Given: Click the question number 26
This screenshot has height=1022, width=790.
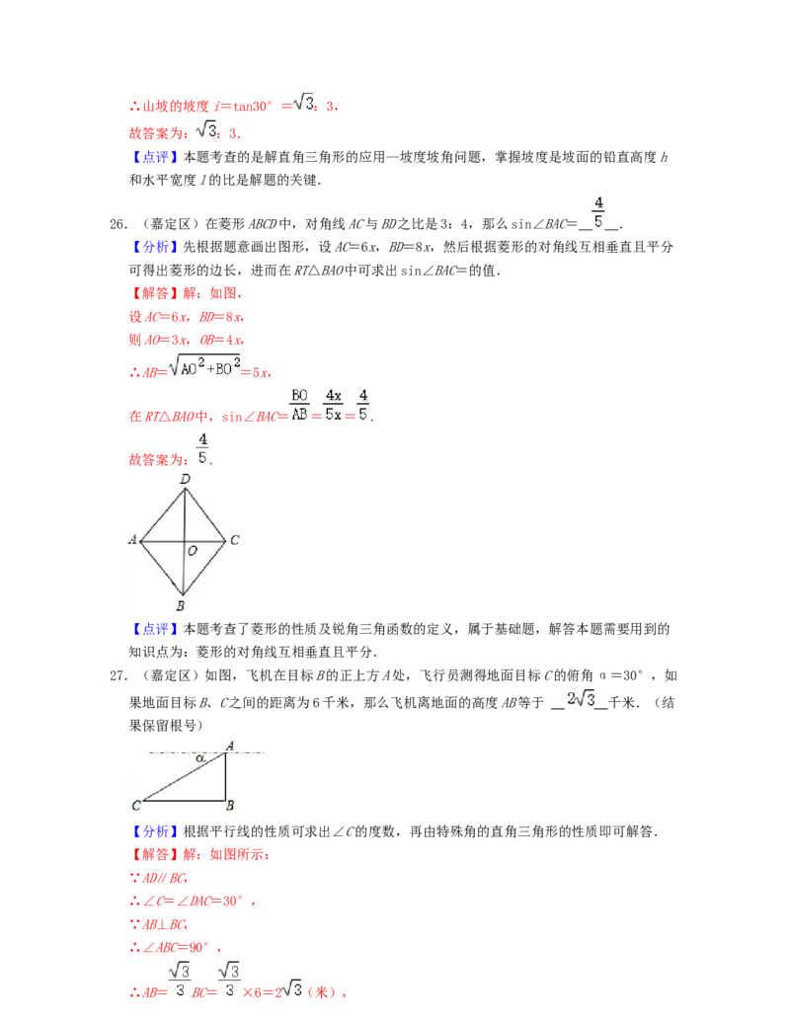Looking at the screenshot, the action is tap(118, 224).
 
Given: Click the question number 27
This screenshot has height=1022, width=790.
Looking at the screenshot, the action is tap(118, 675).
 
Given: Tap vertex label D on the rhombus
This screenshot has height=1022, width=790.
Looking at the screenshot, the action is tap(185, 479).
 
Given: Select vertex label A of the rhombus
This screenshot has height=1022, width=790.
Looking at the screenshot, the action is tap(133, 540).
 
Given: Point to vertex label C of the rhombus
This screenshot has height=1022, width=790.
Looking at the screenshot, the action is tap(235, 540).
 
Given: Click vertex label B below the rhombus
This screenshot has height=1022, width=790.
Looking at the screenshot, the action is tap(181, 605).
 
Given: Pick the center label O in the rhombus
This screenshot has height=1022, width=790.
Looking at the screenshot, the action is tap(193, 551).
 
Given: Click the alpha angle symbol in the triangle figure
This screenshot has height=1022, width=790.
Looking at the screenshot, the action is tap(200, 758).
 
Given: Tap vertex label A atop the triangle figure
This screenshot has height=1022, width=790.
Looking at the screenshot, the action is tap(229, 746).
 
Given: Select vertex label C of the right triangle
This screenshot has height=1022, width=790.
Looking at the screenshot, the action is tap(136, 806).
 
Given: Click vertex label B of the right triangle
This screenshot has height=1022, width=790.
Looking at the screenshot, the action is tap(230, 806).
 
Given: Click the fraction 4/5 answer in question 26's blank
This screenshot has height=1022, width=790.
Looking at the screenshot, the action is tap(598, 212).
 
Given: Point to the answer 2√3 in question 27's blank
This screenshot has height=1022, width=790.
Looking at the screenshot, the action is tap(581, 699).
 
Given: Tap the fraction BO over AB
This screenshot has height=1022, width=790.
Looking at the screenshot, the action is tap(299, 405).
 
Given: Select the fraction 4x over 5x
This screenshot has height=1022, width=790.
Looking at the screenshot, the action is tap(333, 405).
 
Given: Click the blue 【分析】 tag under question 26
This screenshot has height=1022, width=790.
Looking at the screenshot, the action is tap(155, 247).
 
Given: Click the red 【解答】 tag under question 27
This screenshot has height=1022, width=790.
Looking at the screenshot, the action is tap(155, 854).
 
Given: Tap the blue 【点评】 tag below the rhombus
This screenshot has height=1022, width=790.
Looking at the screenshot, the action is tap(155, 629).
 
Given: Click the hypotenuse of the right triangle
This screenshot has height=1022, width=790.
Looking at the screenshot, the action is tap(184, 776).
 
